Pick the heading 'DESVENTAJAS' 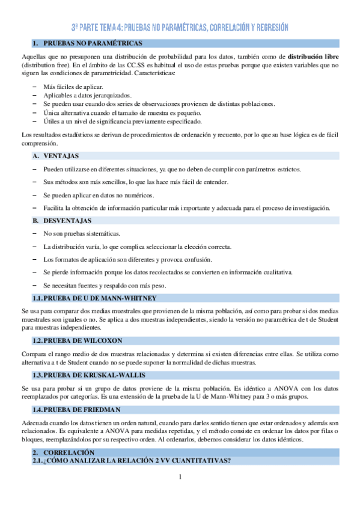(68, 221)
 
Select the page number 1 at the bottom (180, 478)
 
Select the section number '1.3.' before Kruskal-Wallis (38, 375)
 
